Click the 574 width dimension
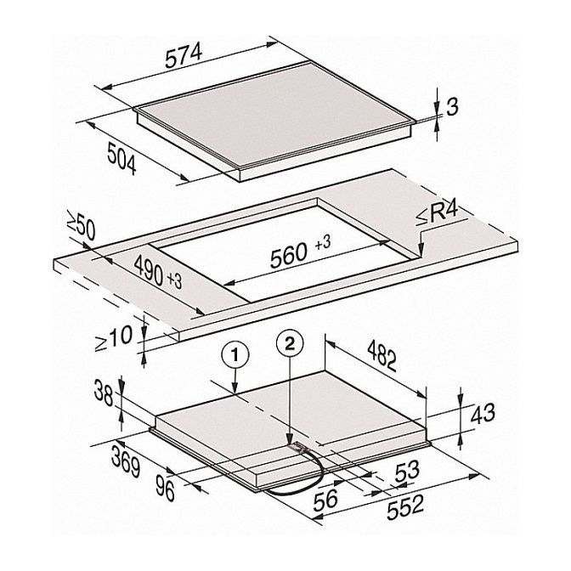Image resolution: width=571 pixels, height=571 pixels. pyautogui.click(x=184, y=56)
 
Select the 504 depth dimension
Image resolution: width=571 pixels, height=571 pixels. pyautogui.click(x=122, y=159)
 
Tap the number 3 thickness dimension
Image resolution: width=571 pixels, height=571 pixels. pyautogui.click(x=452, y=107)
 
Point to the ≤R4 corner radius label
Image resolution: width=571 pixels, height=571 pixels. pyautogui.click(x=437, y=216)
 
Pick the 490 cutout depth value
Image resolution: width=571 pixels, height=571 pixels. pyautogui.click(x=148, y=269)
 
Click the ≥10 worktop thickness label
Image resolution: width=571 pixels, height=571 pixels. pyautogui.click(x=113, y=338)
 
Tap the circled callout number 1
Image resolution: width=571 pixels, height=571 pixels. pyautogui.click(x=235, y=355)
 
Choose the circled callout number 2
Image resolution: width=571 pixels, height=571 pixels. pyautogui.click(x=290, y=345)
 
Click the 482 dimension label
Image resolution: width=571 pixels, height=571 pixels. pyautogui.click(x=382, y=354)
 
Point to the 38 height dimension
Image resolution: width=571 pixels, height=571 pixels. pyautogui.click(x=104, y=393)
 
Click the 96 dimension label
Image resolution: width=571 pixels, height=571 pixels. pyautogui.click(x=166, y=488)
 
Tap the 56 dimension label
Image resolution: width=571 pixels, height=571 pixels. pyautogui.click(x=325, y=499)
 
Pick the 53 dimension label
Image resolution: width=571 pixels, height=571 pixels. pyautogui.click(x=407, y=471)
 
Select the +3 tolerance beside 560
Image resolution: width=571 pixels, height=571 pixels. pyautogui.click(x=323, y=242)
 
